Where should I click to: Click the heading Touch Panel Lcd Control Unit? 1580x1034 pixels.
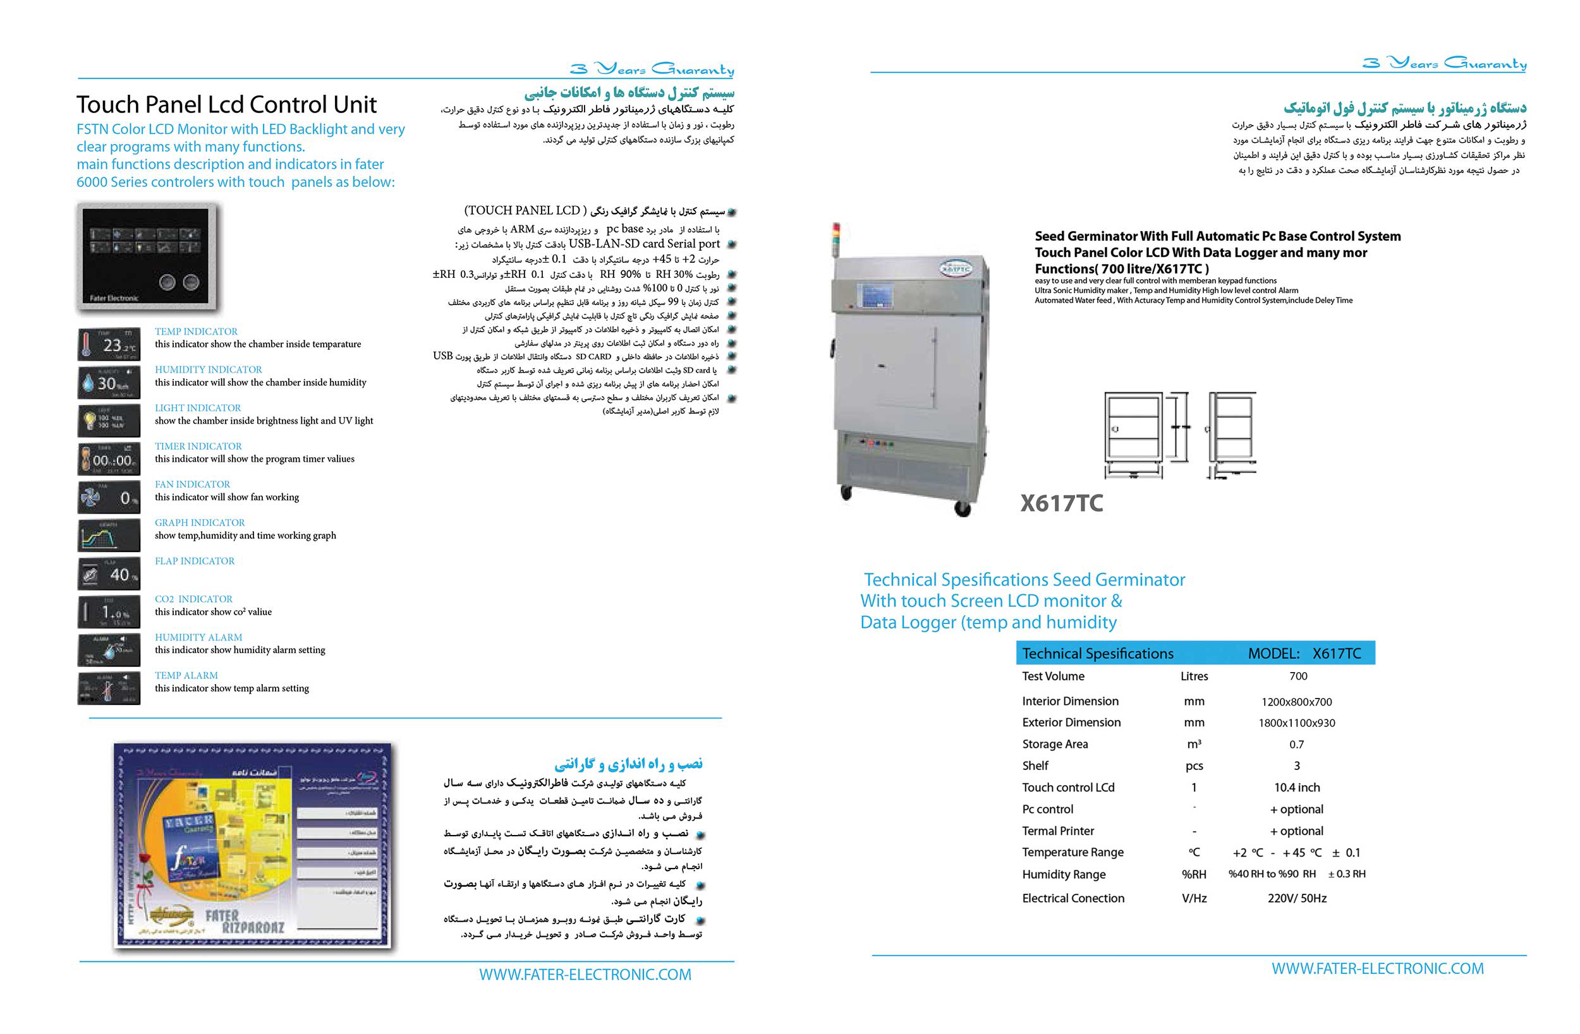226,105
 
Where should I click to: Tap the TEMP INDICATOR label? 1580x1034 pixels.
196,331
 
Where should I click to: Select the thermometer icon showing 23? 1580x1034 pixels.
109,345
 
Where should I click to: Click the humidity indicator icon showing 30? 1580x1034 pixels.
109,383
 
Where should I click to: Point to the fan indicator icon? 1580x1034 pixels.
109,498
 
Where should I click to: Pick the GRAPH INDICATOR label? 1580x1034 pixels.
200,522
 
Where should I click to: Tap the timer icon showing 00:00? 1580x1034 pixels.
109,459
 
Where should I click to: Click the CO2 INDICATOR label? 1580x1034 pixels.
194,599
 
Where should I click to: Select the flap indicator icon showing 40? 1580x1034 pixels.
109,574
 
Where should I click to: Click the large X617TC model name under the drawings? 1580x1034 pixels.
1062,503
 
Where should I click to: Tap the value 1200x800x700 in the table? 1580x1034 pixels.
1296,702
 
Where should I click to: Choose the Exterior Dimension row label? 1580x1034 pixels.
1071,722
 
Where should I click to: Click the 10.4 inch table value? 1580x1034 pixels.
1296,787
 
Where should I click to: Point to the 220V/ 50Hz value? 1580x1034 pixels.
1296,898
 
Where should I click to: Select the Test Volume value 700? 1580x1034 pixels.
1298,676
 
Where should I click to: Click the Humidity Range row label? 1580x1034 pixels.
1064,874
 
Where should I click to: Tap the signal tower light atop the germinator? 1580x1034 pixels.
837,236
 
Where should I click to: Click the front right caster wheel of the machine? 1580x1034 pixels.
962,508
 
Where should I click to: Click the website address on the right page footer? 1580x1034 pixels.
1377,968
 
